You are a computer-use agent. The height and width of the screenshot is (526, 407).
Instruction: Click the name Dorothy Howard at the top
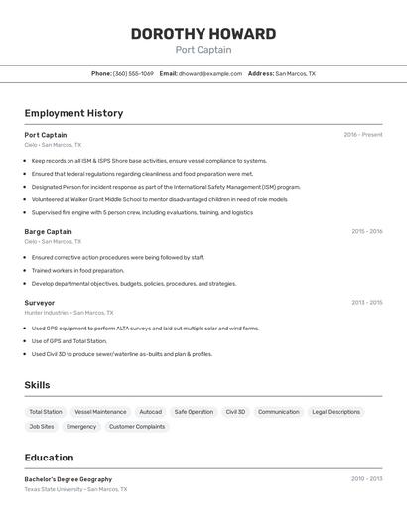point(203,33)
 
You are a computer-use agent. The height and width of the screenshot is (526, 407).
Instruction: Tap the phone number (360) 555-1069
point(133,73)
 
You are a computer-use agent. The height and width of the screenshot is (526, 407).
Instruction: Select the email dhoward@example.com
point(209,73)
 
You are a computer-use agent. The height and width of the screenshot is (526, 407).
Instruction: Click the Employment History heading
point(73,113)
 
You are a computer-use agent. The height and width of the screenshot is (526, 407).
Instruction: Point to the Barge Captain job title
point(48,231)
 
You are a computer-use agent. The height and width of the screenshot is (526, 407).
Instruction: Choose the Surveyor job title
point(40,302)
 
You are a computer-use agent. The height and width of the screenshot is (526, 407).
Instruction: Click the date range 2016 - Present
point(363,135)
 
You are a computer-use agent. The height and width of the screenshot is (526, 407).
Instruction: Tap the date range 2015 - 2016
point(366,231)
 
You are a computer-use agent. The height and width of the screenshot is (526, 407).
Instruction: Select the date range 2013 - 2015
point(366,302)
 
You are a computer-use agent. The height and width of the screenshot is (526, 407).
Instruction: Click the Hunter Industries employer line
point(68,312)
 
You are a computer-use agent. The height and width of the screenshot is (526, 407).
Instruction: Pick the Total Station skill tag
point(46,411)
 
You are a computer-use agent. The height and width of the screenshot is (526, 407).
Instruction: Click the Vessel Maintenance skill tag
point(100,411)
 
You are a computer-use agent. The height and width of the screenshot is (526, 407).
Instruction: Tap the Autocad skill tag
point(150,411)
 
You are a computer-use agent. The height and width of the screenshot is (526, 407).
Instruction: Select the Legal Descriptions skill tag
point(337,411)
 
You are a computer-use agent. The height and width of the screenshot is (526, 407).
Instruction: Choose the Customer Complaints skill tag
point(137,427)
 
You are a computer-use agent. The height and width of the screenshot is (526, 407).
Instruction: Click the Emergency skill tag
point(81,427)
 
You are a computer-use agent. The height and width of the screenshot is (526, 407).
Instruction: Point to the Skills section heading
point(37,385)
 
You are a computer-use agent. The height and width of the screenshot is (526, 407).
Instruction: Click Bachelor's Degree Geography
point(68,479)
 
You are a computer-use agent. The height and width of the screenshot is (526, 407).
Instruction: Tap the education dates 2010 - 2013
point(366,479)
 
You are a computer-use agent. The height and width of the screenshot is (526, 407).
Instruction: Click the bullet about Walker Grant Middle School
point(159,199)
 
